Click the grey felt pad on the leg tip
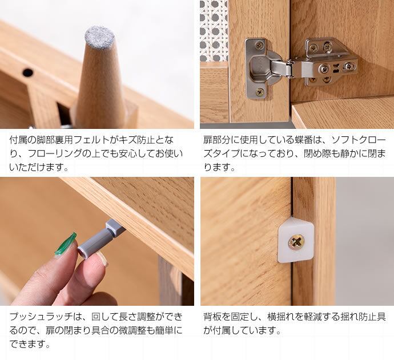coord(99,38)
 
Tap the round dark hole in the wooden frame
coord(27,73)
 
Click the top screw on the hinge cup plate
coord(260,46)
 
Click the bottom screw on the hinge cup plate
coord(260,92)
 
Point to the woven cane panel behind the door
coord(214,30)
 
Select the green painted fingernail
coord(66,244)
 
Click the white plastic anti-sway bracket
coord(296,240)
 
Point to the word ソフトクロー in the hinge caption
coord(359,140)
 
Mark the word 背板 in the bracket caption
coord(212,317)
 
